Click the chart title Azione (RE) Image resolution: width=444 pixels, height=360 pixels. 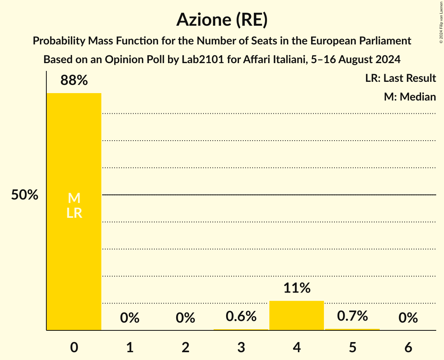tap(222, 20)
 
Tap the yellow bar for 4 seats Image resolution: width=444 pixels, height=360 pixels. tap(297, 316)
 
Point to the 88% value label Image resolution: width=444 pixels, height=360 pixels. tap(74, 81)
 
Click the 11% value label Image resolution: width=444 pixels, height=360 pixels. tap(297, 288)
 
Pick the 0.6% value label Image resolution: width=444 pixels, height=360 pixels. tap(241, 316)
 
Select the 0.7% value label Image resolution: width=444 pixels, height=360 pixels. tap(352, 316)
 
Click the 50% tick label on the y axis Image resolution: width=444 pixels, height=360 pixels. tap(25, 195)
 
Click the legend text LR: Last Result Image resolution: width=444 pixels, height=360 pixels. tap(400, 78)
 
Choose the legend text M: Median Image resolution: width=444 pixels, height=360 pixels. tap(410, 97)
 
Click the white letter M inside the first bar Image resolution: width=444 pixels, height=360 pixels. tap(74, 199)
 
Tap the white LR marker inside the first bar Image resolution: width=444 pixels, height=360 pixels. tap(74, 213)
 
